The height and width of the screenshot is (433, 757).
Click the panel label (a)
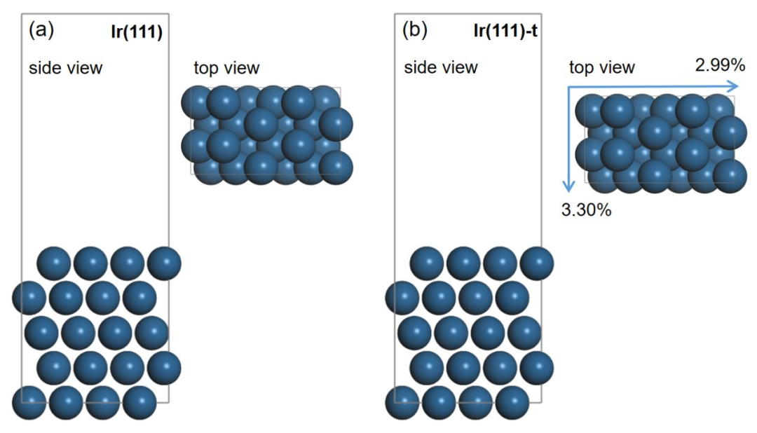tap(41, 31)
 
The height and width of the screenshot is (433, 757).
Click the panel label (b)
tap(415, 31)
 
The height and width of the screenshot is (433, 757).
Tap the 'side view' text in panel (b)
tap(441, 68)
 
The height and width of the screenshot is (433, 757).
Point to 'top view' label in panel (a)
tap(226, 68)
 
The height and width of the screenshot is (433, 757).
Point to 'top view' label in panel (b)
tap(601, 67)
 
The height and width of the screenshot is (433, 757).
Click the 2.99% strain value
tap(718, 65)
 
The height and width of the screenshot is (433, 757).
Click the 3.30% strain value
tap(587, 209)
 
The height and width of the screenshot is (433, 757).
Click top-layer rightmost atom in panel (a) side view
tap(164, 263)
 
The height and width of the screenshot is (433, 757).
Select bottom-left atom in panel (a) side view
tap(29, 403)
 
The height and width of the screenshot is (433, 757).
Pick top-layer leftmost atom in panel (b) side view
tap(427, 263)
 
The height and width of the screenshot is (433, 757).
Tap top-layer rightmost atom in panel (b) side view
tap(537, 263)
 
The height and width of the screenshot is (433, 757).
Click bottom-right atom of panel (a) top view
tap(336, 167)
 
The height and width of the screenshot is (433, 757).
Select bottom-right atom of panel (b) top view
tap(729, 176)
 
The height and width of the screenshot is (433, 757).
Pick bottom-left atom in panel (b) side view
tap(402, 403)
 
